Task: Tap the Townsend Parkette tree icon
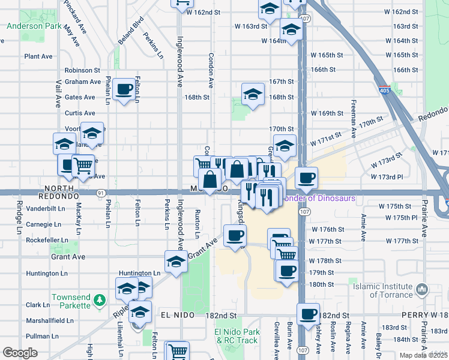pos(102,298)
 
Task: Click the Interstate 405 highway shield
pos(385,91)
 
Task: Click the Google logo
pos(20,353)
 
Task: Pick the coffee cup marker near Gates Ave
pos(124,89)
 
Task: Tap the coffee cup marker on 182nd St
pos(309,313)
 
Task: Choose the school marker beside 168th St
pos(253,94)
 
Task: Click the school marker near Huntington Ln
pos(175,262)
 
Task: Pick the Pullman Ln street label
pos(42,337)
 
